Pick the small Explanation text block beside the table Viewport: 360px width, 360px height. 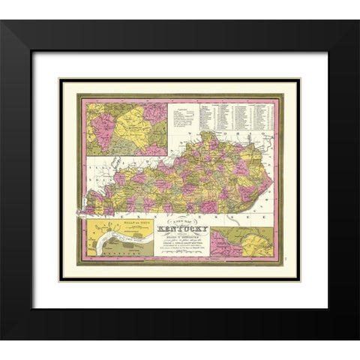click(183, 118)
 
